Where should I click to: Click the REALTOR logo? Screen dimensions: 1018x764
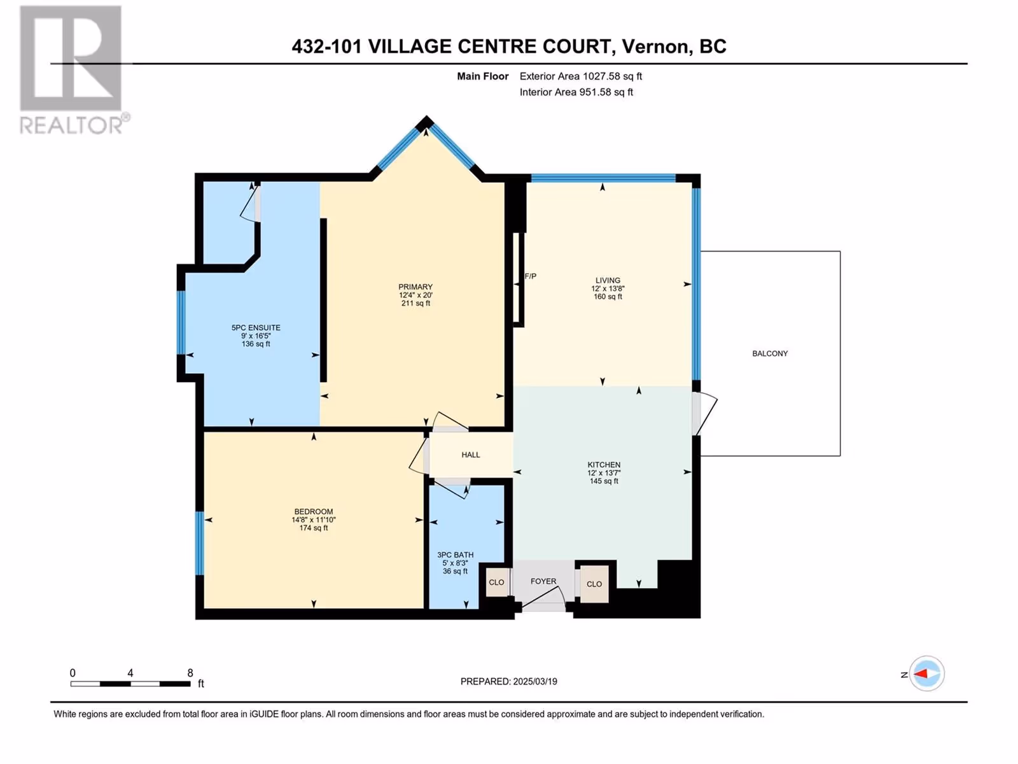click(71, 69)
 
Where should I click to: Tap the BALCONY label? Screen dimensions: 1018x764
click(770, 353)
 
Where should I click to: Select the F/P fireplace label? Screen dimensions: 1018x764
click(531, 276)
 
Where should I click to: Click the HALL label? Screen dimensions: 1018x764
click(470, 455)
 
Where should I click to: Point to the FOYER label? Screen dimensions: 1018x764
click(543, 581)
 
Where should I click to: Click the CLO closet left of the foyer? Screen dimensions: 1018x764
click(496, 582)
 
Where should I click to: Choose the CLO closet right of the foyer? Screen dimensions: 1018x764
click(594, 584)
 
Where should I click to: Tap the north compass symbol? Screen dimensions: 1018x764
click(926, 674)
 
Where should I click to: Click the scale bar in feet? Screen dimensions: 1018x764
click(131, 684)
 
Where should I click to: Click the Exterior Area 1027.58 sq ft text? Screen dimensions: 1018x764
click(581, 76)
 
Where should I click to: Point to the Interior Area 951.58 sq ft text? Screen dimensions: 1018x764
click(576, 92)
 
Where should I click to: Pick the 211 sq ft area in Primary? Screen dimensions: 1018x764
click(415, 304)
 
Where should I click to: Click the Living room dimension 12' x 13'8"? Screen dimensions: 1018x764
click(608, 288)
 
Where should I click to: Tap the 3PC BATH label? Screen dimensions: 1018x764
click(455, 555)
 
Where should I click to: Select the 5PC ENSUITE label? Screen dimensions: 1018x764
click(256, 327)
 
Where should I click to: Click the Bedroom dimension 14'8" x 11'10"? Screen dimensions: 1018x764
click(314, 520)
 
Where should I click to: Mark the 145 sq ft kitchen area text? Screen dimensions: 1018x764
click(604, 481)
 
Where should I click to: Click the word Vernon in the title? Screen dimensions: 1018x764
click(655, 46)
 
